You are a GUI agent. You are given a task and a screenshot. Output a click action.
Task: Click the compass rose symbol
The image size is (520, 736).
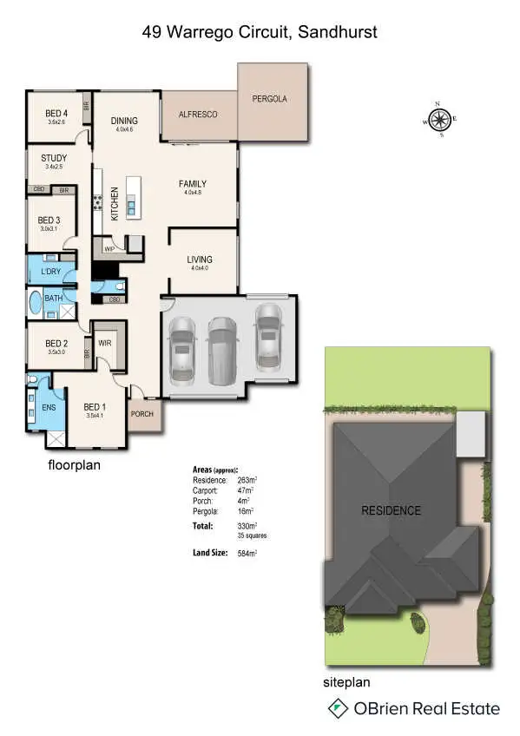(440, 120)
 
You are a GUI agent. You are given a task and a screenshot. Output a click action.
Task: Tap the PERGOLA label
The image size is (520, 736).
(270, 99)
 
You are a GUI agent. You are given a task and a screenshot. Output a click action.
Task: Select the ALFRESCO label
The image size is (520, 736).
(197, 115)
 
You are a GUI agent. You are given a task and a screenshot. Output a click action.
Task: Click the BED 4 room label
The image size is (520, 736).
(56, 114)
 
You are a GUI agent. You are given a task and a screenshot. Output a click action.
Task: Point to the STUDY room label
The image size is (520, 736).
(54, 158)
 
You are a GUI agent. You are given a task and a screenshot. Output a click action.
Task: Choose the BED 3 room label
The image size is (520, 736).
(49, 220)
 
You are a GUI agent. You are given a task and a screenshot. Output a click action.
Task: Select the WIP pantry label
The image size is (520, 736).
(109, 249)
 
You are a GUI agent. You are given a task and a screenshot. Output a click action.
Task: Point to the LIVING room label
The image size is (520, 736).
(200, 260)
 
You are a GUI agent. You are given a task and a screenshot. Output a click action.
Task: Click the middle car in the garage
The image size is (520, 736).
(222, 350)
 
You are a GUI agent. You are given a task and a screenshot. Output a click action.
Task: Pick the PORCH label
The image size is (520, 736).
(142, 414)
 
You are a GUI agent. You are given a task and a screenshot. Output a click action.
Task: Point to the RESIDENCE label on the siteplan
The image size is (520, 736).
(391, 510)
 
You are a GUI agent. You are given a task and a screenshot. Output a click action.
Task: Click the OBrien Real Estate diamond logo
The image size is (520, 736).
(338, 709)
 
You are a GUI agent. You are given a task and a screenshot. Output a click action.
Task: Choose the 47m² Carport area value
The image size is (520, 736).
(246, 490)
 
